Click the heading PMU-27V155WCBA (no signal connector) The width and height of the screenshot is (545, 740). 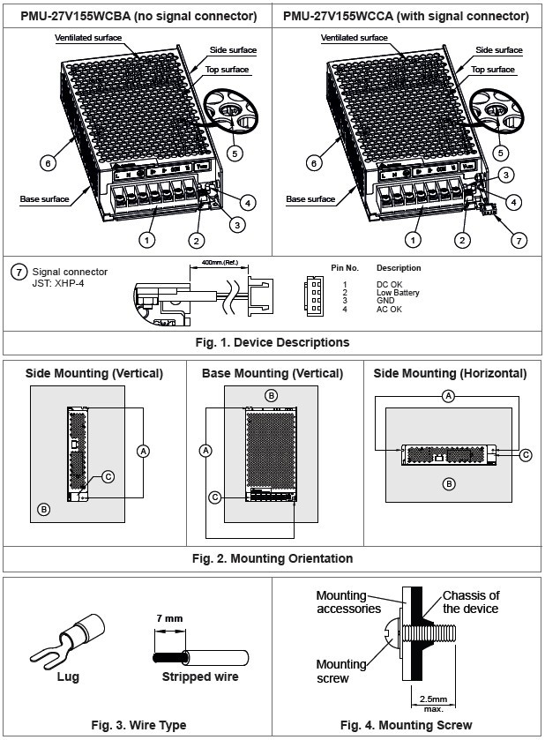tap(138, 16)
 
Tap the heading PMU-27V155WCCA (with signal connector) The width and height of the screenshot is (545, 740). tap(407, 16)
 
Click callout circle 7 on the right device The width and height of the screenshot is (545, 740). tap(519, 239)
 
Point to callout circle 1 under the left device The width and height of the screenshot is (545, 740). tap(147, 239)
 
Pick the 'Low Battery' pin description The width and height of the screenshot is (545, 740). tap(398, 293)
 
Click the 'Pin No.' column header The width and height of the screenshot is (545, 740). tap(345, 268)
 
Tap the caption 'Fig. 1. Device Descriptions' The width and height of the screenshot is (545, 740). tap(272, 342)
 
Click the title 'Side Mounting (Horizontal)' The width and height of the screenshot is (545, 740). tap(450, 374)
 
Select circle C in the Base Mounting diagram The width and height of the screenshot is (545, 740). tap(213, 497)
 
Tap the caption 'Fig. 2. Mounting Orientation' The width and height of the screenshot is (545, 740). tap(272, 558)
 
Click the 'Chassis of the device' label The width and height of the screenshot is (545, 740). tap(471, 602)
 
